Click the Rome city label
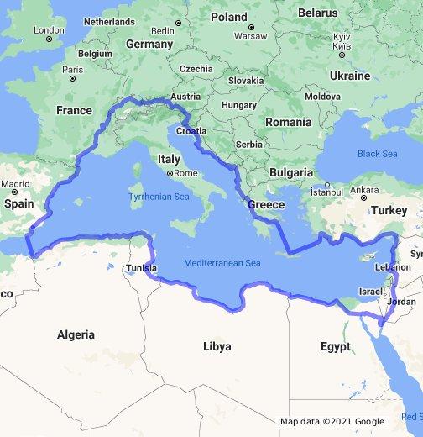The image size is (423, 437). click(185, 173)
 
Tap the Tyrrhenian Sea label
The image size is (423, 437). click(159, 196)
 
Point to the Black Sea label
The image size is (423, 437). click(377, 154)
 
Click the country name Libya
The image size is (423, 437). click(217, 346)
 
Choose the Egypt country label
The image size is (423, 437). click(335, 346)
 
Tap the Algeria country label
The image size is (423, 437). click(76, 334)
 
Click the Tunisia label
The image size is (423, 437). click(140, 268)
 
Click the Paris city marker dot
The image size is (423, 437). click(73, 79)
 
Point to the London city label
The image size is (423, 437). click(48, 30)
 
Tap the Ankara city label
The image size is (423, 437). click(363, 189)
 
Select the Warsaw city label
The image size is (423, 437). click(250, 36)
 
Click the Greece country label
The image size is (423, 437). click(266, 204)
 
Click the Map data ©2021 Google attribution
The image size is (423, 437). click(332, 421)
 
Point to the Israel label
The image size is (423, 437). click(369, 292)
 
